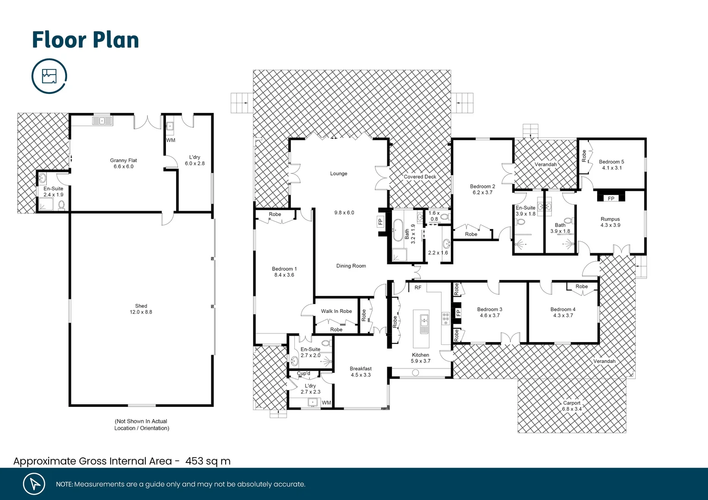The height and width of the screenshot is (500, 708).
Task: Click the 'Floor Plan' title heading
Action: pos(85,40)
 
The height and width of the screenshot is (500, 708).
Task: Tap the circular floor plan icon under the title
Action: pos(49,76)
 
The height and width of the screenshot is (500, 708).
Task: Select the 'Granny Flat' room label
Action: pos(123,160)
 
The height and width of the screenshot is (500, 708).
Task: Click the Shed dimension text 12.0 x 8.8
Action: pos(141,312)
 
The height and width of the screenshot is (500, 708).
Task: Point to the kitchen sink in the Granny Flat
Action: pos(102,121)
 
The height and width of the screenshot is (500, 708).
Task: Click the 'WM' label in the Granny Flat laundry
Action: pos(171,140)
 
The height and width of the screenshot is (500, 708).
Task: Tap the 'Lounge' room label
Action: pos(338,174)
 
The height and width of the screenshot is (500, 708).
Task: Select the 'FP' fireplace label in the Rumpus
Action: pos(611,199)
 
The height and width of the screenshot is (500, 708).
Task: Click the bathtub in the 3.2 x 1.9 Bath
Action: pos(398,230)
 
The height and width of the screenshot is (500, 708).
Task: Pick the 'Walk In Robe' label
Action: pos(336,311)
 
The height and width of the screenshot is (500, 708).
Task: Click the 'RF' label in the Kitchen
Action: pos(418,287)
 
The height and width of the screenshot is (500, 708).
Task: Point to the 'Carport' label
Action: pos(571,403)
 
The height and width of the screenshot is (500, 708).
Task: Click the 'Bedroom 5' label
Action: pos(611,162)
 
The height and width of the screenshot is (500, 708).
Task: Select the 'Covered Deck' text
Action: pos(420,176)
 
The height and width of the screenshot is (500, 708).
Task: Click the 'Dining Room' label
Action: pos(351,266)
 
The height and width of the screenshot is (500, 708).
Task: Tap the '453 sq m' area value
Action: pos(208,461)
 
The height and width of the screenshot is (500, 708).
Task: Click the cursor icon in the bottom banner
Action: pos(34,484)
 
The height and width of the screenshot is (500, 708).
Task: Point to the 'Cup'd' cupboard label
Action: pos(303,373)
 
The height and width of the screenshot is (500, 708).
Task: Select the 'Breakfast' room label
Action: pos(360,369)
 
